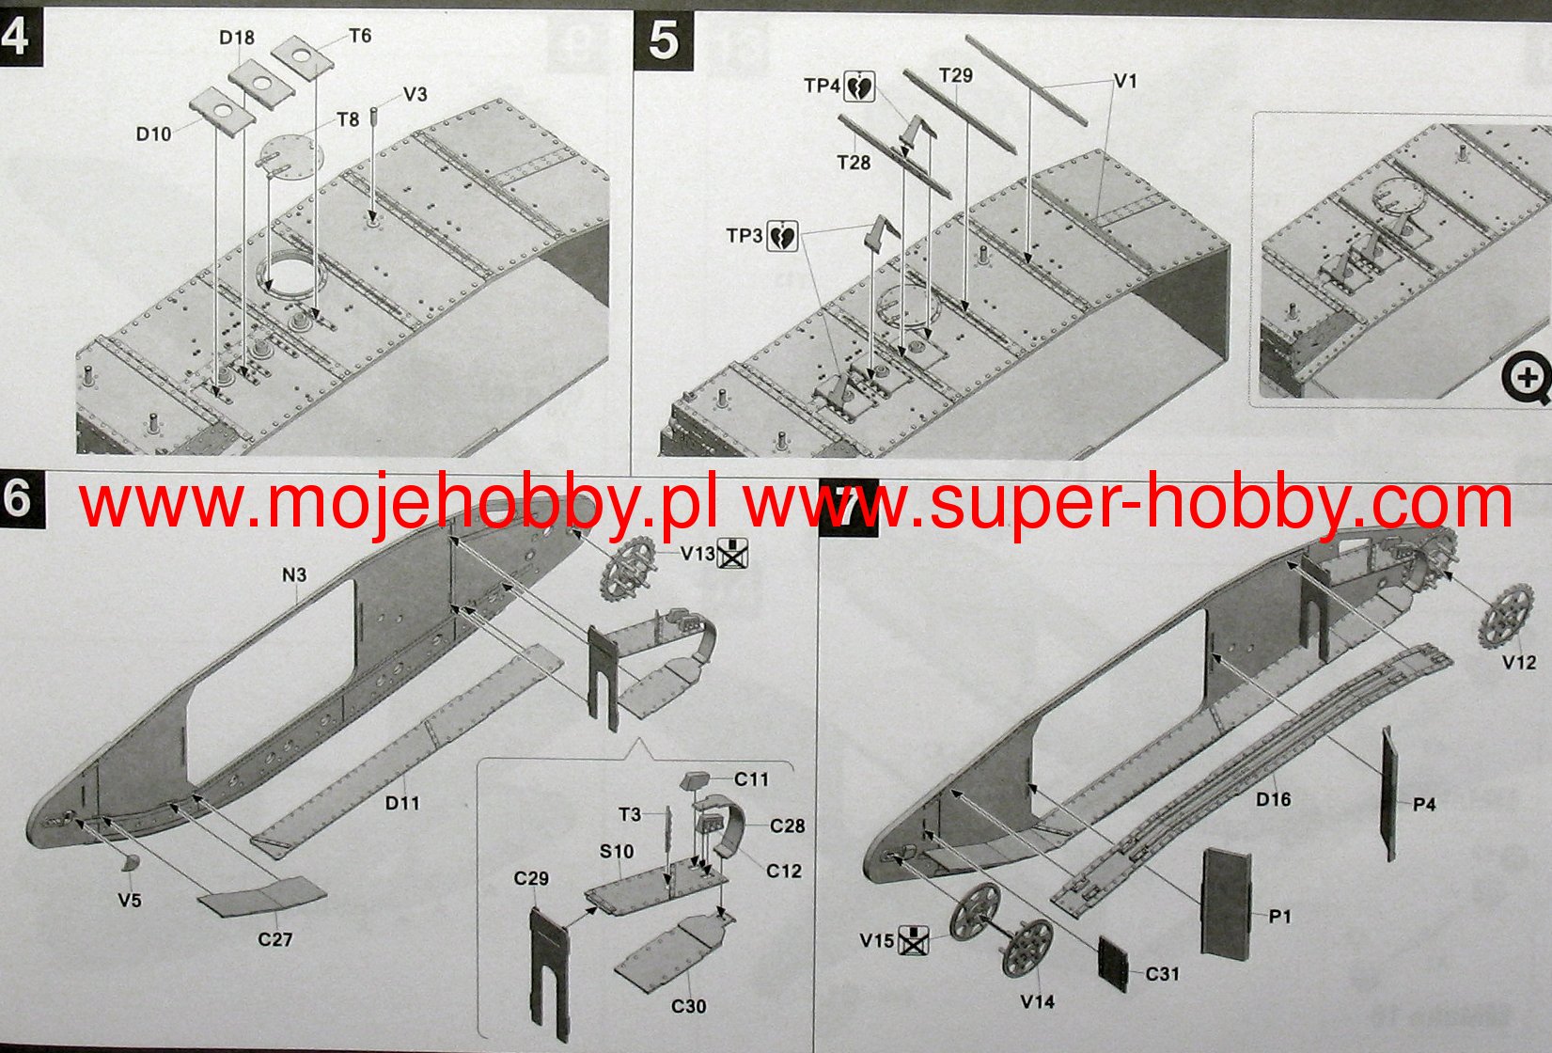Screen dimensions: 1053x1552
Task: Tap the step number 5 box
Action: [664, 42]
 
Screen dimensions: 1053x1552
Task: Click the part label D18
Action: [237, 38]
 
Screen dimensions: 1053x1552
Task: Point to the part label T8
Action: [348, 119]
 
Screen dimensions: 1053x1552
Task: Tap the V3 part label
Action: [415, 94]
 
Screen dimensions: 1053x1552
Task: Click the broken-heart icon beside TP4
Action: [859, 86]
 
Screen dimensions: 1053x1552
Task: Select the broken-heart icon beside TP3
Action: [782, 236]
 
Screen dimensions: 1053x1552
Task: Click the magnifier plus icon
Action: [1525, 379]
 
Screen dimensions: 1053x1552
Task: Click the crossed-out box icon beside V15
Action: [913, 939]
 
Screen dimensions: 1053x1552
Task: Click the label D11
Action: [402, 803]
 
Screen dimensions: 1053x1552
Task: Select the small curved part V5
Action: [131, 865]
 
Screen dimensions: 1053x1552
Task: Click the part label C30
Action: [688, 1006]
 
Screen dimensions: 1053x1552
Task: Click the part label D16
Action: [1274, 799]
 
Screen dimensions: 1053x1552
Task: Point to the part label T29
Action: [956, 75]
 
